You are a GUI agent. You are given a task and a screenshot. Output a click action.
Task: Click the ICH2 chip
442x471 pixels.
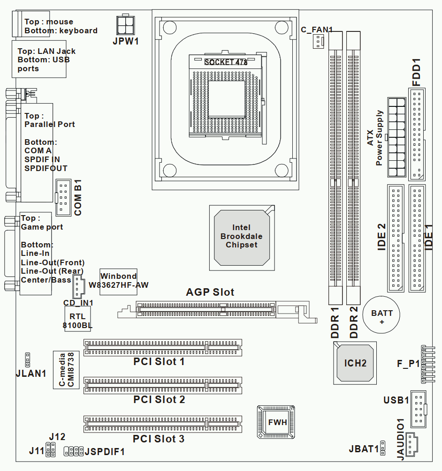(x=355, y=363)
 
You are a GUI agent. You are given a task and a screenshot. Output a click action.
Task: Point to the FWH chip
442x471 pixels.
(x=277, y=422)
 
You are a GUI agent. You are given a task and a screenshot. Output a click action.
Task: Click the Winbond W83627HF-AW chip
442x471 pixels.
(x=118, y=280)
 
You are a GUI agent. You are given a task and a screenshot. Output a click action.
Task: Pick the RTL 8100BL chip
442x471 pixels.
(x=77, y=320)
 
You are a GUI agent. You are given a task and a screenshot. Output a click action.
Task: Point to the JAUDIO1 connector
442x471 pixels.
(x=411, y=444)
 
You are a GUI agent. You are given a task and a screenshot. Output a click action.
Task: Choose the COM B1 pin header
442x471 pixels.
(x=63, y=197)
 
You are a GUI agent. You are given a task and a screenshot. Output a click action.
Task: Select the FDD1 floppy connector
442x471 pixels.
(x=416, y=135)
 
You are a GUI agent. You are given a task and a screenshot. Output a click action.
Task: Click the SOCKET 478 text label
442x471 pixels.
(x=226, y=62)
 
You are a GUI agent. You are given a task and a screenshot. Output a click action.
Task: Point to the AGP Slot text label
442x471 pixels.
(x=210, y=292)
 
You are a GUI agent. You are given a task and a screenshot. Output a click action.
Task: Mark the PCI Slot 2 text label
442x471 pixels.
(x=159, y=399)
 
